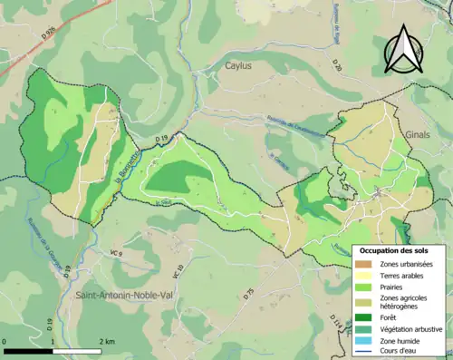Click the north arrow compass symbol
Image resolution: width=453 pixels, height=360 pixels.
(402, 49)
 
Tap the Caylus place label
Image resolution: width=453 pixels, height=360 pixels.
(239, 66)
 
